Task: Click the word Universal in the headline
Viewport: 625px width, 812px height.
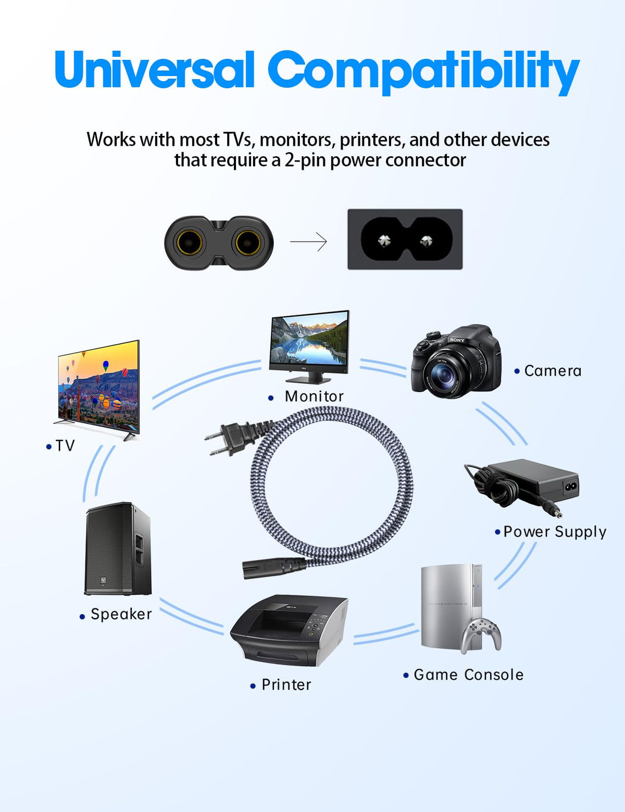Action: tap(154, 69)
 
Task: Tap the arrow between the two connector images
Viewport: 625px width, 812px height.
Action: tap(308, 242)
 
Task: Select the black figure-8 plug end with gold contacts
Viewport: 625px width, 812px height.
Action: tap(219, 243)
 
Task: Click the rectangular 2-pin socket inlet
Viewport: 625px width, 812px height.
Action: tap(405, 239)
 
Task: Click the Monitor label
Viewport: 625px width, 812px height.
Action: tap(314, 396)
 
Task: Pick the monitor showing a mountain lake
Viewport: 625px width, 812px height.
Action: tap(309, 346)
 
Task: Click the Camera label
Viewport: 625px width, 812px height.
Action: tap(553, 371)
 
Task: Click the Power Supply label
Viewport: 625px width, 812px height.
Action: tap(555, 532)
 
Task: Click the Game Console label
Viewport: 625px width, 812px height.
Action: tap(468, 674)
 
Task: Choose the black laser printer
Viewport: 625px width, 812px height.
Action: tap(289, 630)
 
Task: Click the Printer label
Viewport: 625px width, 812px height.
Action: tap(286, 684)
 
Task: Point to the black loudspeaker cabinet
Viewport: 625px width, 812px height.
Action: tap(118, 548)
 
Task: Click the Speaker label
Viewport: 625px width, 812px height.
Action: tap(121, 614)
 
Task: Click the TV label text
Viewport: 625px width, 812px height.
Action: tap(65, 445)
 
